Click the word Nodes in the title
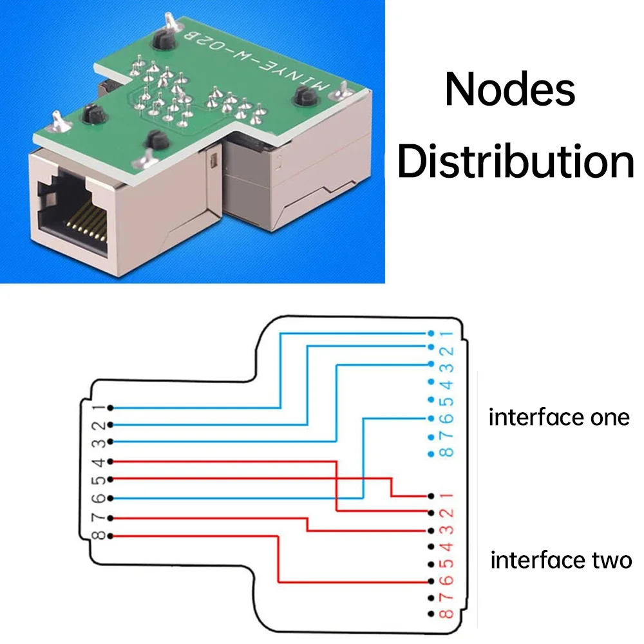point(509,89)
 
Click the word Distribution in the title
point(516,162)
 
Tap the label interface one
point(559,418)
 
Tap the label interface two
point(561,560)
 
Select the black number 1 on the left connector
point(99,408)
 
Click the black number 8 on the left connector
point(99,536)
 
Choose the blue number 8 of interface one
point(447,453)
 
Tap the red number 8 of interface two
point(447,614)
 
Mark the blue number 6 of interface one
point(447,419)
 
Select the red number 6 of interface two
point(447,581)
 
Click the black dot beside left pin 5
point(110,479)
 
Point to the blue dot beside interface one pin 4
point(431,382)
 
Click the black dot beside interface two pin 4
point(431,547)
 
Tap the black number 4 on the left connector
point(99,462)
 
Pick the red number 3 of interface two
point(447,530)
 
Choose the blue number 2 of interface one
point(447,351)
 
